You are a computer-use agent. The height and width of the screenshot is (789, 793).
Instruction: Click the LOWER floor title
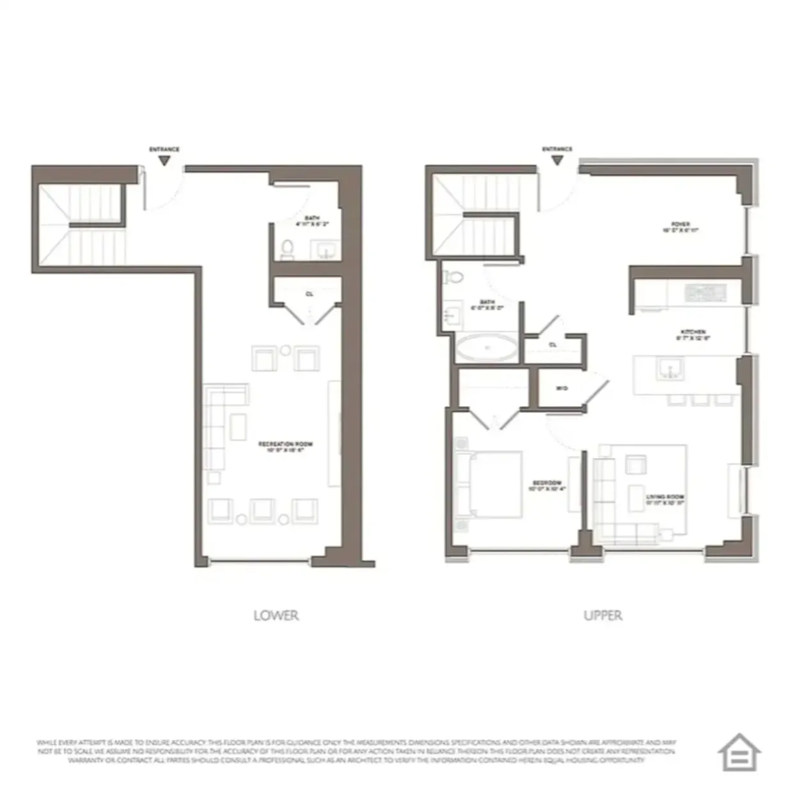point(276,615)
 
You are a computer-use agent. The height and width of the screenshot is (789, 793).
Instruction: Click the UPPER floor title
point(602,615)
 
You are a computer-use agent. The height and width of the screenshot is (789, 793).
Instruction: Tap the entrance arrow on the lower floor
point(164,160)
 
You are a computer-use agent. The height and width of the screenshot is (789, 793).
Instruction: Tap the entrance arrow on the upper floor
point(557,160)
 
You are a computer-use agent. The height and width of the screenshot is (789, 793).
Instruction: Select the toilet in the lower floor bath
point(287,249)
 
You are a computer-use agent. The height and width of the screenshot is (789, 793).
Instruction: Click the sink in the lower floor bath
point(326,250)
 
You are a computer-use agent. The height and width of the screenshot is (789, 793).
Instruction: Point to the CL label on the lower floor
point(309,294)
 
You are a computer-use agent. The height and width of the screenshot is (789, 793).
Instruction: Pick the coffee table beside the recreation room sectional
point(239,426)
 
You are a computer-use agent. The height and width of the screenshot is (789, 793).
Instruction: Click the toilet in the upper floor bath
point(455,277)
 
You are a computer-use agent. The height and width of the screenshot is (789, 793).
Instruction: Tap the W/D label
point(562,388)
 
